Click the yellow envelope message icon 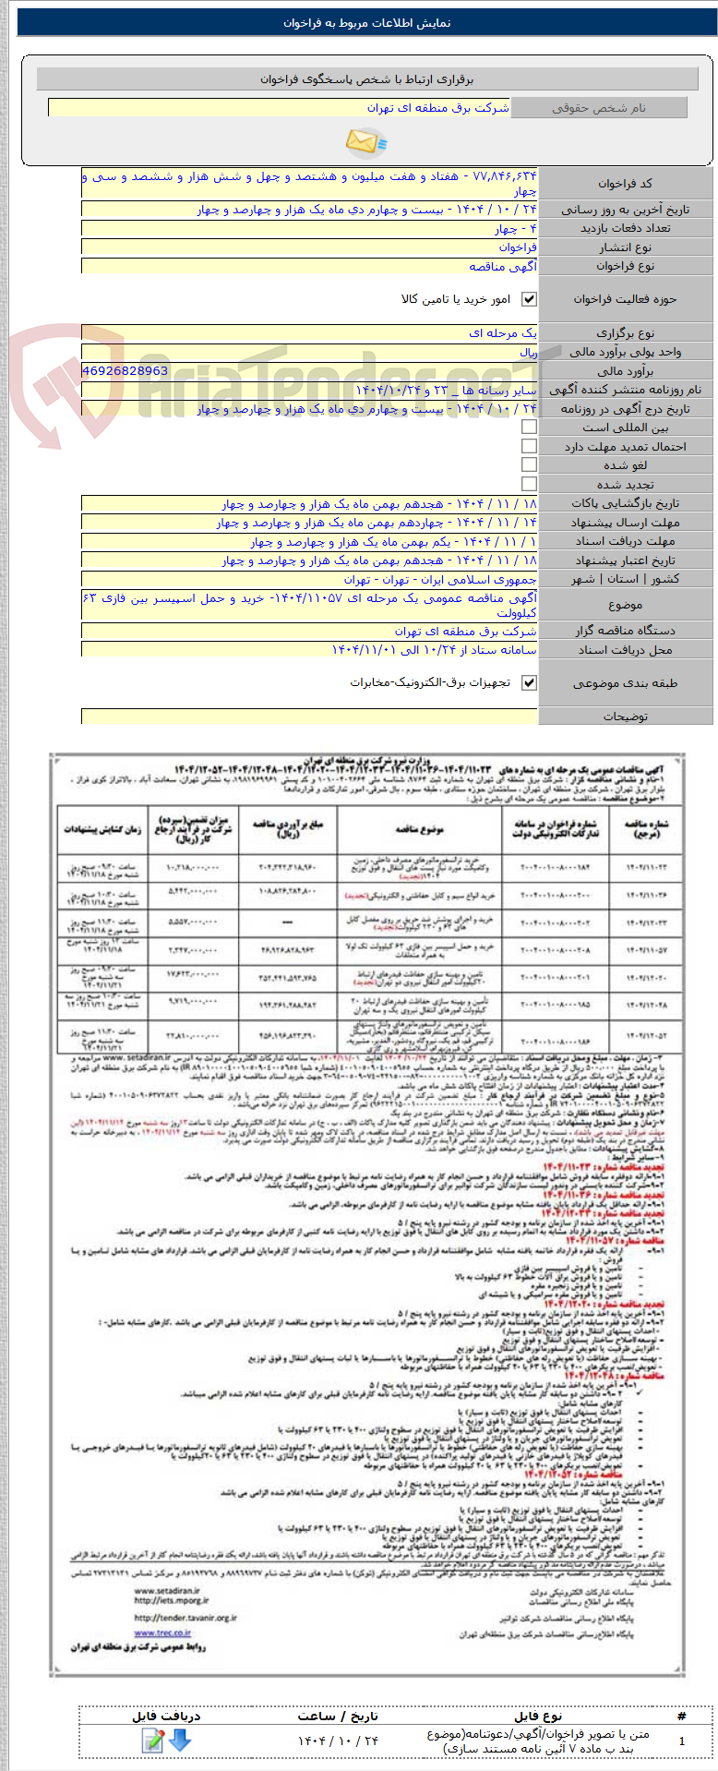point(365,141)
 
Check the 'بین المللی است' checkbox point(529,428)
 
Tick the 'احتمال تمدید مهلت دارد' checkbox point(529,446)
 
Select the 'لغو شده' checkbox point(529,465)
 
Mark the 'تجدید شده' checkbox point(529,484)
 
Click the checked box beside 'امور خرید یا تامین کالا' point(529,299)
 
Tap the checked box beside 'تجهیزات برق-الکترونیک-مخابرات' point(529,682)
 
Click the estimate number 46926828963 point(125,370)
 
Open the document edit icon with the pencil point(153,1740)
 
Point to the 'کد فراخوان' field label point(625,184)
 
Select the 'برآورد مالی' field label point(625,371)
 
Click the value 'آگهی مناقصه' point(503,267)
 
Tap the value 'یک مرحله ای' point(503,333)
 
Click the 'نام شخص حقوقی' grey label point(598,108)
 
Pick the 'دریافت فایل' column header point(166,1716)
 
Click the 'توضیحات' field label point(625,717)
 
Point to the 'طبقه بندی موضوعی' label point(625,683)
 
